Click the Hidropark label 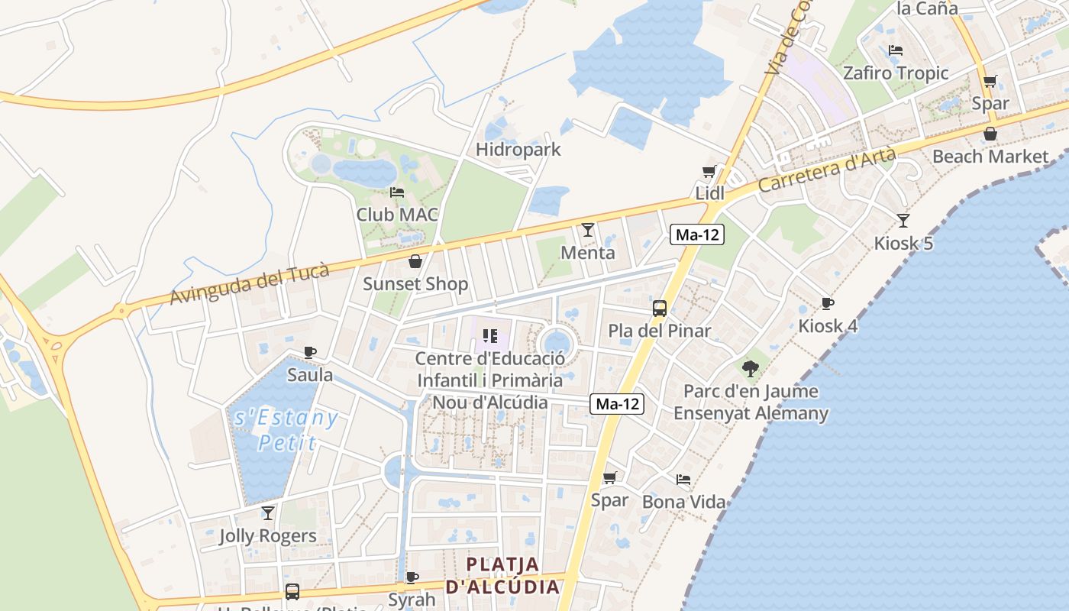pos(518,150)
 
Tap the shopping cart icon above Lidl pos(709,172)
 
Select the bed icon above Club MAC pos(396,192)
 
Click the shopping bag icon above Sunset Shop pos(415,262)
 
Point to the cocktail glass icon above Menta pos(587,230)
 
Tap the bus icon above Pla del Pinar pos(660,309)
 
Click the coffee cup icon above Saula pos(309,352)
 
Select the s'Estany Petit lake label pos(286,430)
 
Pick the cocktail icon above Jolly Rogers pos(267,513)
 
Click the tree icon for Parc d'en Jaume pos(751,368)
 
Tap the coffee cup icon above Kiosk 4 pos(827,304)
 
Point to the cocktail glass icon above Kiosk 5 pos(903,221)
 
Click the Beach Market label pos(990,157)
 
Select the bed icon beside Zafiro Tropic pos(896,50)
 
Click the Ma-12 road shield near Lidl pos(697,234)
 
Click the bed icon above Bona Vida pos(683,480)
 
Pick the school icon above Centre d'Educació pos(489,335)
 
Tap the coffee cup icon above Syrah pos(412,577)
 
